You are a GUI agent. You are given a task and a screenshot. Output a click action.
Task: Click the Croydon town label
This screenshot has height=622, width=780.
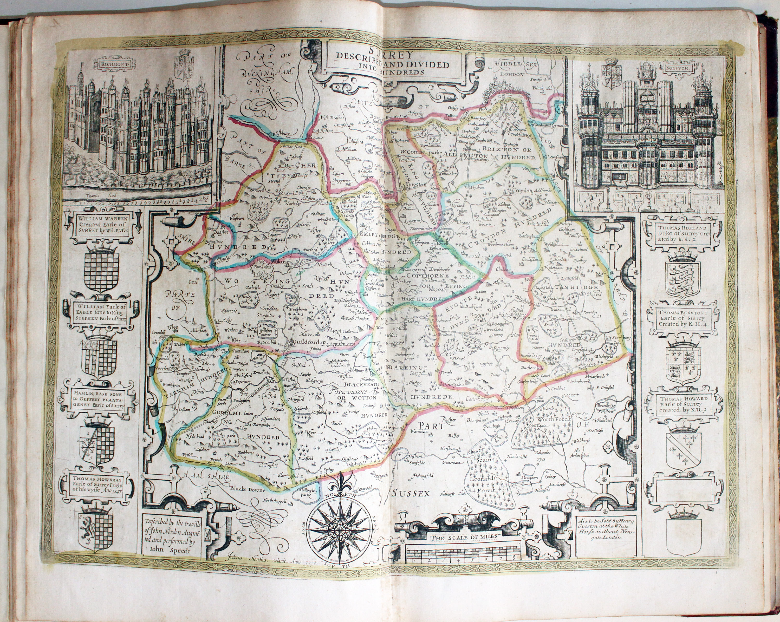coord(521,191)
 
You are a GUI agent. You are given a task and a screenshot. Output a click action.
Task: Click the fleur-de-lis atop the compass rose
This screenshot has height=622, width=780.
coord(340,484)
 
